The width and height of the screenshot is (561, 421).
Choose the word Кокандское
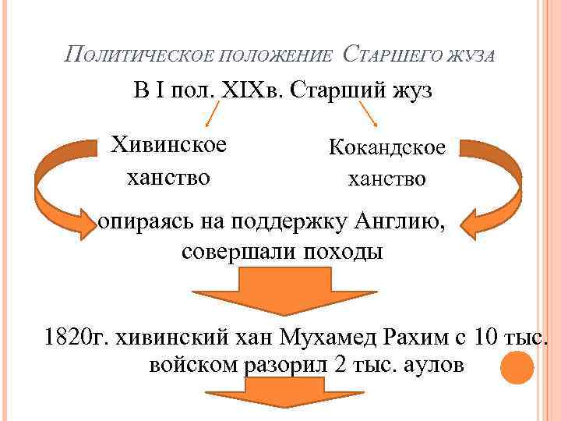(x=387, y=147)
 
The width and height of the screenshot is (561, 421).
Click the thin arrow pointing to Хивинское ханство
(x=210, y=115)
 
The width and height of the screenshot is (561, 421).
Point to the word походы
(x=344, y=253)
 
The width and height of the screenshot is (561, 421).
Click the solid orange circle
(x=516, y=367)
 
